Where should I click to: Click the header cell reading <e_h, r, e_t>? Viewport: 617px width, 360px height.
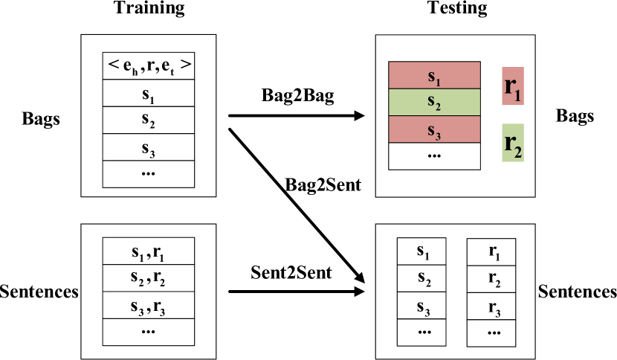coord(148,66)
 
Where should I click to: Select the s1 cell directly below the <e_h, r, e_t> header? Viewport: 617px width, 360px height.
coord(148,94)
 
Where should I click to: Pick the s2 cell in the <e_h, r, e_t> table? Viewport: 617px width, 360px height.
coord(148,120)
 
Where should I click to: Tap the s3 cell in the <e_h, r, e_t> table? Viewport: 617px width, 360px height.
coord(148,147)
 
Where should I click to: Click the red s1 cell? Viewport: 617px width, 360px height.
coord(435,76)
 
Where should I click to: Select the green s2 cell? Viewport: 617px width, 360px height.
coord(435,103)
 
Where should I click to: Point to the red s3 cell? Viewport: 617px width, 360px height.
coord(435,129)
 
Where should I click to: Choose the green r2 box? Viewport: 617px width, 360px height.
coord(513,142)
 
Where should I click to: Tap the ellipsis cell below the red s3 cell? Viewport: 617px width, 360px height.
coord(435,156)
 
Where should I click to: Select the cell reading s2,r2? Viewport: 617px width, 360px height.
coord(148,278)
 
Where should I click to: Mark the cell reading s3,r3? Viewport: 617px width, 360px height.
coord(148,305)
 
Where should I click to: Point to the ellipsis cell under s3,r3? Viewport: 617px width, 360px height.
coord(148,332)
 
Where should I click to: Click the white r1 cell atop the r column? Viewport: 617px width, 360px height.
coord(491,251)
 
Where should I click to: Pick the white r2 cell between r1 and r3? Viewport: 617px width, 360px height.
coord(491,278)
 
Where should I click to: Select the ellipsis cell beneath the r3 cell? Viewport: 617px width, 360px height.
coord(491,332)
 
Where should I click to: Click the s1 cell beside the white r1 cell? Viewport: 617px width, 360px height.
coord(422,251)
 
